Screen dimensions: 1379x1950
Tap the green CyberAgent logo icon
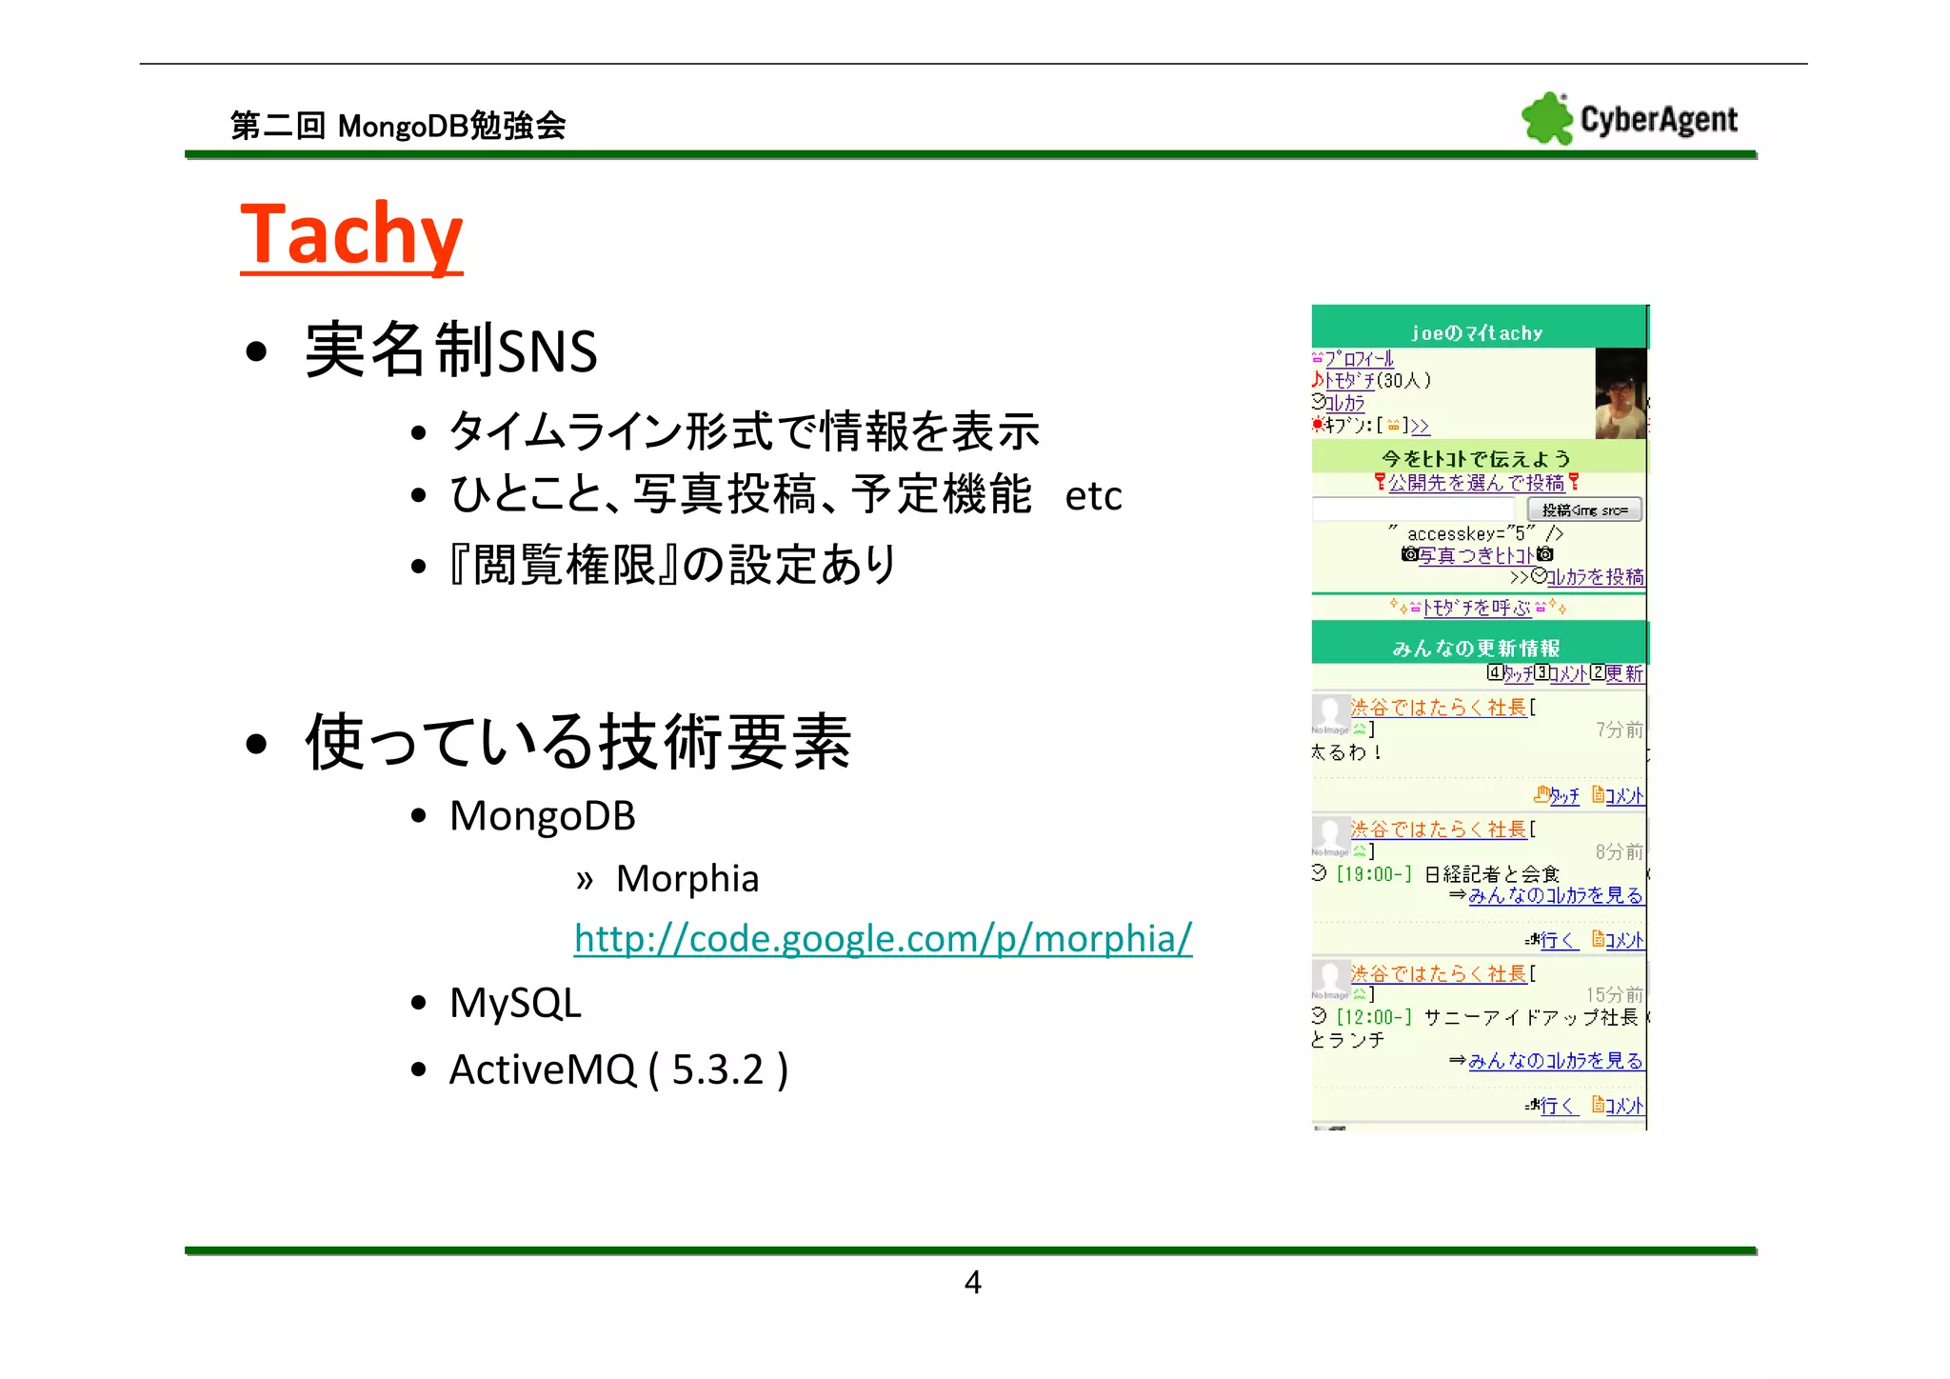click(x=1546, y=119)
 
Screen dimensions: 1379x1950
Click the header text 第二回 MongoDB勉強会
click(x=398, y=126)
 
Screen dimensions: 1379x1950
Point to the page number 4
click(x=972, y=1282)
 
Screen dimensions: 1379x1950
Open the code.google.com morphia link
click(x=883, y=939)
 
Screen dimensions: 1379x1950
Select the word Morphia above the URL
click(x=687, y=878)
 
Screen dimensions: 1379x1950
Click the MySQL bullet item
click(x=515, y=1003)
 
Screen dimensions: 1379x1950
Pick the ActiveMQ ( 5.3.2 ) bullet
click(x=618, y=1069)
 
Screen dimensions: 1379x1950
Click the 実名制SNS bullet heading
click(x=450, y=350)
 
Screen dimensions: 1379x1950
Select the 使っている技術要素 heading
click(x=577, y=742)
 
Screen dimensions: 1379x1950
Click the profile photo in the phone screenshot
click(x=1620, y=393)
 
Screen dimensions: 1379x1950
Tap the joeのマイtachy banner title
click(x=1476, y=333)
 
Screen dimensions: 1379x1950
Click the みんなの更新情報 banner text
click(x=1476, y=649)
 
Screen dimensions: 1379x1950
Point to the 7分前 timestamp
click(x=1619, y=729)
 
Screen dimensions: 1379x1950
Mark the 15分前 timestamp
click(x=1614, y=994)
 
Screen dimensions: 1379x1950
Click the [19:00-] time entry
click(x=1374, y=874)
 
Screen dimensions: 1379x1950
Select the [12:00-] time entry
click(x=1374, y=1017)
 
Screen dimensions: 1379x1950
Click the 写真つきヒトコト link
click(x=1477, y=555)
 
